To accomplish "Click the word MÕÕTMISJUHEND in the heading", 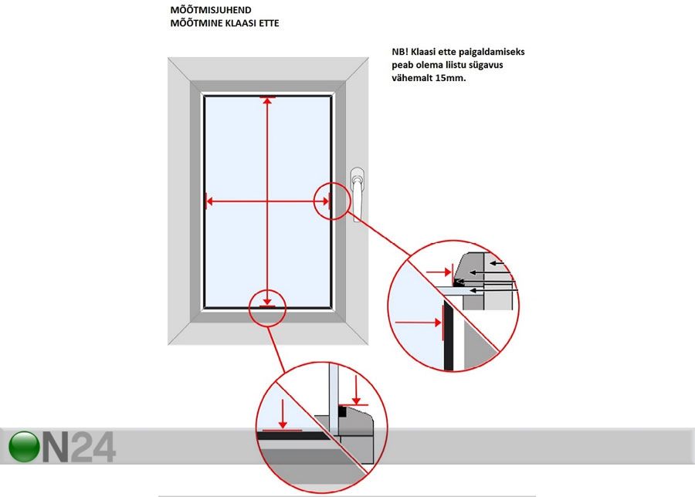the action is pyautogui.click(x=211, y=10).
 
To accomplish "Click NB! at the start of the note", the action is pyautogui.click(x=400, y=52).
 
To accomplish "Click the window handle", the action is pyautogui.click(x=358, y=194).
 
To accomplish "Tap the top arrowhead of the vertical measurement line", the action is pyautogui.click(x=267, y=100).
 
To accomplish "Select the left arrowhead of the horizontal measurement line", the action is pyautogui.click(x=209, y=201).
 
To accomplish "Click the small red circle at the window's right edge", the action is pyautogui.click(x=332, y=201).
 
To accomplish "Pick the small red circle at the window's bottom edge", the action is pyautogui.click(x=268, y=308).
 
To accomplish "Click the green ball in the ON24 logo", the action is pyautogui.click(x=25, y=447).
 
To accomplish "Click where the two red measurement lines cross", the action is pyautogui.click(x=267, y=201).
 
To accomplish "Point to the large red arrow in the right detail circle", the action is pyautogui.click(x=418, y=323).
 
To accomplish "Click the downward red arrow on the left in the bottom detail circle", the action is pyautogui.click(x=283, y=414).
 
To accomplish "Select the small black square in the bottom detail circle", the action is pyautogui.click(x=342, y=411).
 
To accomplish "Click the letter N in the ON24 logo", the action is pyautogui.click(x=56, y=447).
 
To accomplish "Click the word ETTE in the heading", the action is pyautogui.click(x=269, y=23).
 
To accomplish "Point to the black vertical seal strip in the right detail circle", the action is pyautogui.click(x=448, y=335).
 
